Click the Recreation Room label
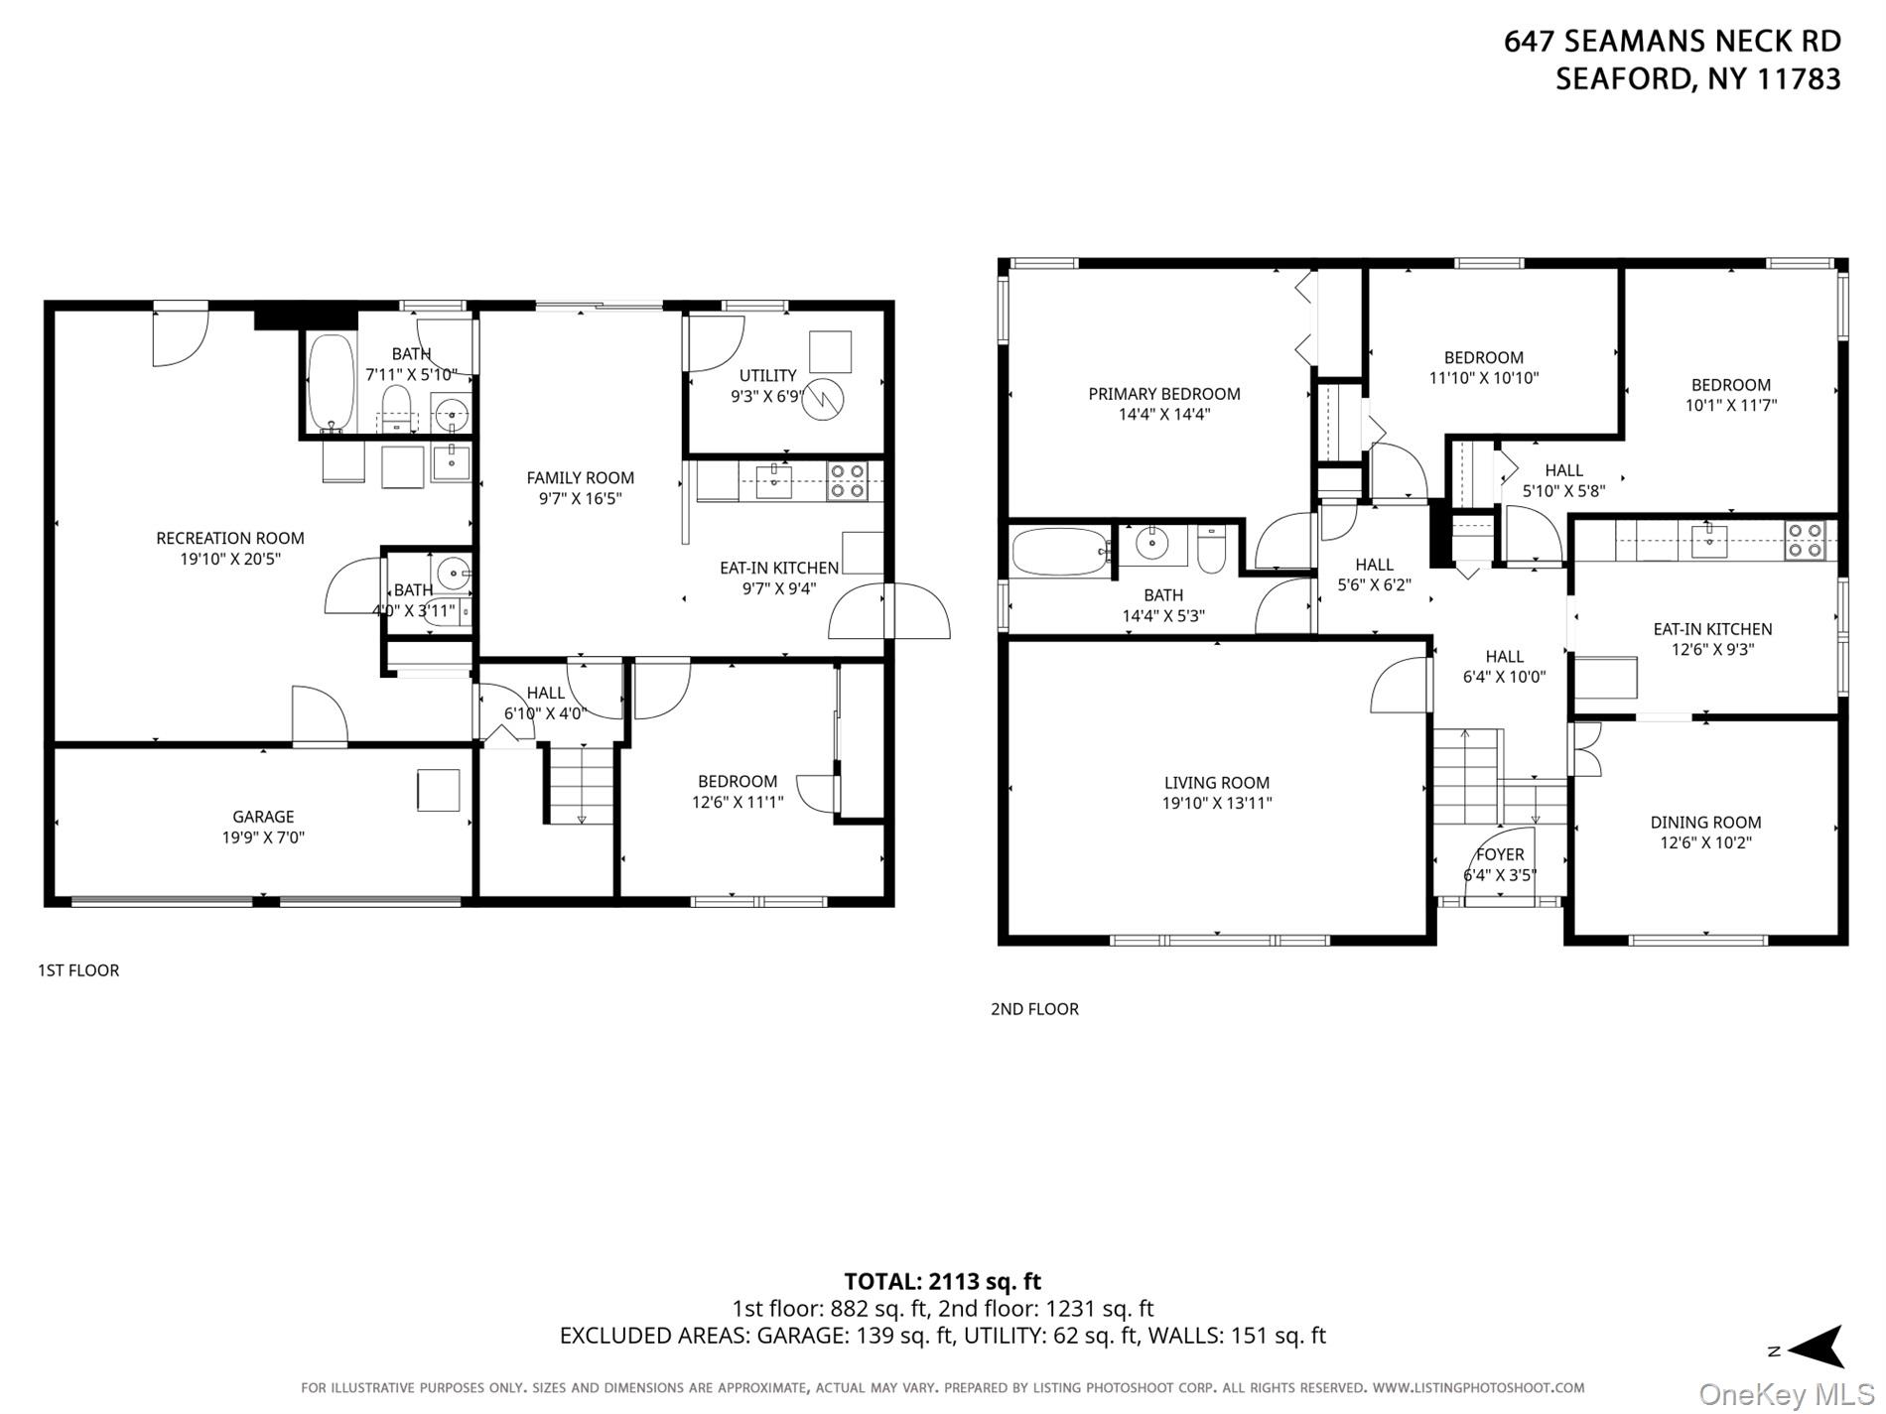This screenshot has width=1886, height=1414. tap(230, 538)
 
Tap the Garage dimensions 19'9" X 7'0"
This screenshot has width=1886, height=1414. tap(263, 837)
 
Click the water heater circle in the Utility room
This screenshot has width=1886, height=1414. tap(823, 399)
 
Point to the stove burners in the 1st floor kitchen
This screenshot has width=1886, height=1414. tap(848, 480)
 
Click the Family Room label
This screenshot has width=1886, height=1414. tap(580, 477)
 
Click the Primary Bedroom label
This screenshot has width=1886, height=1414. tap(1163, 394)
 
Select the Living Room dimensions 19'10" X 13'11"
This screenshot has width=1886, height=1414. tap(1217, 804)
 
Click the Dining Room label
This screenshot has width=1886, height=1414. tap(1705, 822)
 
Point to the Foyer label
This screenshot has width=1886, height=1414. tap(1500, 854)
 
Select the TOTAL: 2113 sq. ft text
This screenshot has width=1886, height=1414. tap(942, 1281)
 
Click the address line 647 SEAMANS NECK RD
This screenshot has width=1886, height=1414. tap(1672, 42)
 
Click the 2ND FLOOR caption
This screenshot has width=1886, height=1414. tap(1034, 1009)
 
